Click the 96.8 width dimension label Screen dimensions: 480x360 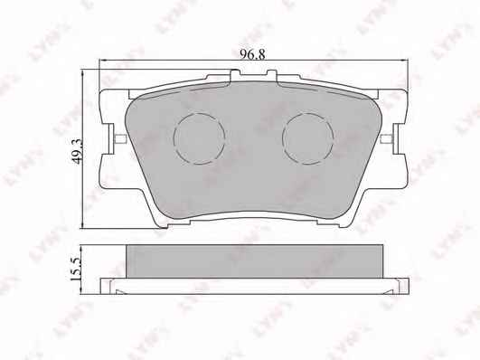click(x=252, y=54)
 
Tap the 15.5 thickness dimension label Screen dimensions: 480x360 click(x=75, y=269)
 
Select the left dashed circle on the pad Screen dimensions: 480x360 click(x=199, y=138)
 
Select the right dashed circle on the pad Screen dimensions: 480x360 click(x=308, y=138)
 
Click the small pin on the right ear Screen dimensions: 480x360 click(x=387, y=138)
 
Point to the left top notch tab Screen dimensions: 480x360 click(x=235, y=75)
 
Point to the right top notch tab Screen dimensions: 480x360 click(x=272, y=75)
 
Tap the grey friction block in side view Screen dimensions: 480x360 click(x=254, y=261)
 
